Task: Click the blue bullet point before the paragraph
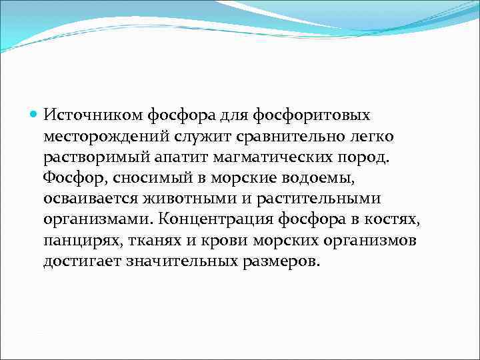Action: (36, 115)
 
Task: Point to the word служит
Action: (195, 136)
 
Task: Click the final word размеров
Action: (279, 261)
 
